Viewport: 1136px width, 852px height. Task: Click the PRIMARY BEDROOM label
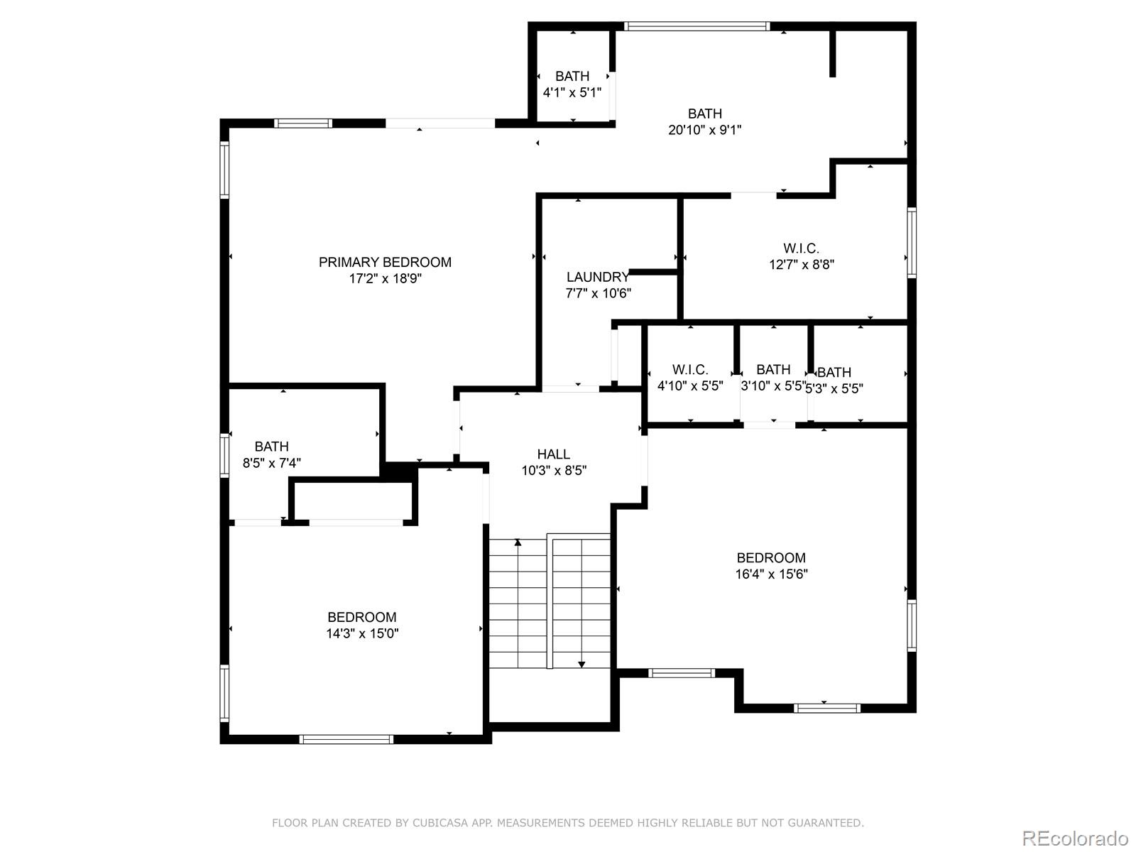pyautogui.click(x=385, y=262)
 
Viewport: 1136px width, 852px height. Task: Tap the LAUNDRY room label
pyautogui.click(x=598, y=277)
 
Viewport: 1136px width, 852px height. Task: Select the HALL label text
pyautogui.click(x=553, y=454)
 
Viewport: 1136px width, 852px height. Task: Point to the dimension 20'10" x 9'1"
pyautogui.click(x=704, y=130)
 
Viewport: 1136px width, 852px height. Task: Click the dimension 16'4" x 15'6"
pyautogui.click(x=771, y=574)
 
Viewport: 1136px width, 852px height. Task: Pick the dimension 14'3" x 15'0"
pyautogui.click(x=362, y=634)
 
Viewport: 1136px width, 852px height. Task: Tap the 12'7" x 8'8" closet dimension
pyautogui.click(x=801, y=265)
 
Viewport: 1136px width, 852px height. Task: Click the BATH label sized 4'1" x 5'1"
pyautogui.click(x=572, y=76)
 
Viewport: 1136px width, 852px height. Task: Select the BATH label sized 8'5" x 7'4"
pyautogui.click(x=271, y=447)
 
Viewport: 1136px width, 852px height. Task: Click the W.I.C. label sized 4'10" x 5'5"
pyautogui.click(x=690, y=370)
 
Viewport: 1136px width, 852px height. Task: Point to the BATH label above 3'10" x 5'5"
pyautogui.click(x=773, y=370)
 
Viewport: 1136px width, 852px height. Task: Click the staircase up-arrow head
pyautogui.click(x=518, y=542)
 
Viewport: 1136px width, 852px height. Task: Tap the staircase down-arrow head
pyautogui.click(x=581, y=665)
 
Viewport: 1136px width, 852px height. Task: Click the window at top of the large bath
pyautogui.click(x=697, y=27)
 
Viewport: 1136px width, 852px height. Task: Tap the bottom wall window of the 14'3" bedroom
pyautogui.click(x=346, y=739)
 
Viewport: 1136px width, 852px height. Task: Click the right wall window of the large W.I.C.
pyautogui.click(x=912, y=242)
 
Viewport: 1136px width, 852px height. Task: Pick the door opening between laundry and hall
pyautogui.click(x=570, y=388)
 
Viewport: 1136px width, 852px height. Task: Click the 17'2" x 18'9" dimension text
pyautogui.click(x=385, y=279)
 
